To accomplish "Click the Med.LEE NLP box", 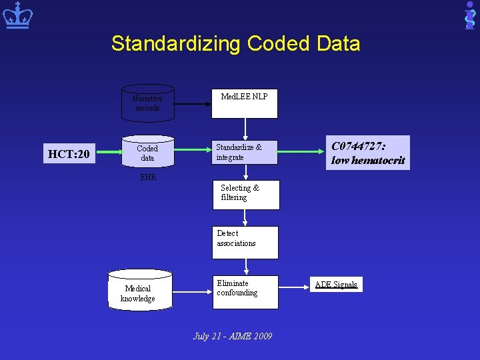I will point(245,102).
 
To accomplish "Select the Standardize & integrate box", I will point(245,152).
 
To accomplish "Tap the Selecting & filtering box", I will point(245,194).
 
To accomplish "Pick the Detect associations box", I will point(245,242).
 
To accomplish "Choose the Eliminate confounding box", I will point(245,292).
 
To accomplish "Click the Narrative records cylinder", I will point(147,103).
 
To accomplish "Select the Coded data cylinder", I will point(147,153).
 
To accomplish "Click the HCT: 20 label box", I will point(69,155).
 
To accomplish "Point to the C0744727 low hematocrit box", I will point(367,153).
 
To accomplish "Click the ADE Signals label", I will point(337,285).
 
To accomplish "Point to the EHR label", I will point(147,177).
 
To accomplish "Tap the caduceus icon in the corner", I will point(470,15).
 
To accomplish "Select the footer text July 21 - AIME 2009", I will point(233,336).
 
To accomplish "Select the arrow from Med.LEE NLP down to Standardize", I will point(245,128).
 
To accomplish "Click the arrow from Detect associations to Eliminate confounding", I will point(246,267).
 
